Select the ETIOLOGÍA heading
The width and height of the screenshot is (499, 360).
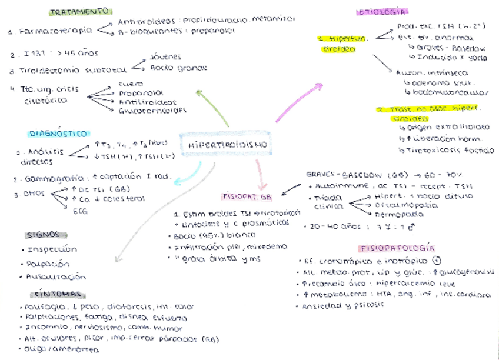[x=382, y=12]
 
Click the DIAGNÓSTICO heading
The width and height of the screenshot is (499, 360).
[x=58, y=134]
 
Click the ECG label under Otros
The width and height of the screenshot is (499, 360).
[x=79, y=212]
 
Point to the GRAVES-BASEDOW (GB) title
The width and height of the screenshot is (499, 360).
[x=351, y=175]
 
